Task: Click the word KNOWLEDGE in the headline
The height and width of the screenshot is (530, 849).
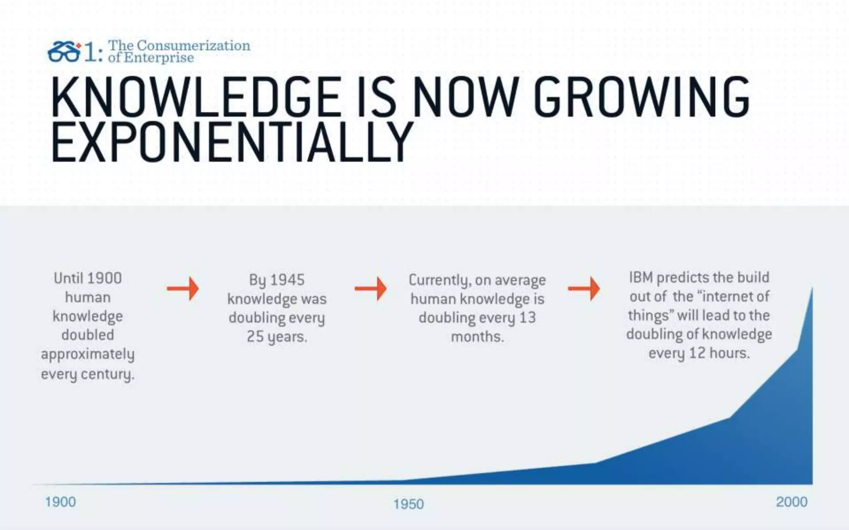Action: click(x=195, y=98)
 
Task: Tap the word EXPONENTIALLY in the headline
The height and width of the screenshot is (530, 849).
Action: click(x=232, y=142)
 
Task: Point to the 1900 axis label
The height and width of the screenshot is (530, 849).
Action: click(x=61, y=502)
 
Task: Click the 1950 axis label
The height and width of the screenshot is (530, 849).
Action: click(x=409, y=504)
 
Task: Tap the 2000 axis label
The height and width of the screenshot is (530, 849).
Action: click(x=791, y=502)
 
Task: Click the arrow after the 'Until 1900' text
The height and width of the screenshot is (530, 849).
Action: click(x=183, y=288)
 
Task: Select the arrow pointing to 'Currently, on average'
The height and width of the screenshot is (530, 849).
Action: click(x=371, y=288)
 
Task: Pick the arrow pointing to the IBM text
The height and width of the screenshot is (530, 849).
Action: click(x=584, y=288)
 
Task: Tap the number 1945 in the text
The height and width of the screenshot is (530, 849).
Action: click(x=287, y=280)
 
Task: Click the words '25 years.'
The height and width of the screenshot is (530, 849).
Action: click(x=277, y=337)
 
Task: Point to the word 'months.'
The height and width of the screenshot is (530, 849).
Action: click(x=477, y=337)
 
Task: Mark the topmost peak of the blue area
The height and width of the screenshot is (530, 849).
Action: click(x=812, y=289)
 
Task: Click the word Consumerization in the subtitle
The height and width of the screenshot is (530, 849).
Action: click(x=194, y=45)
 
